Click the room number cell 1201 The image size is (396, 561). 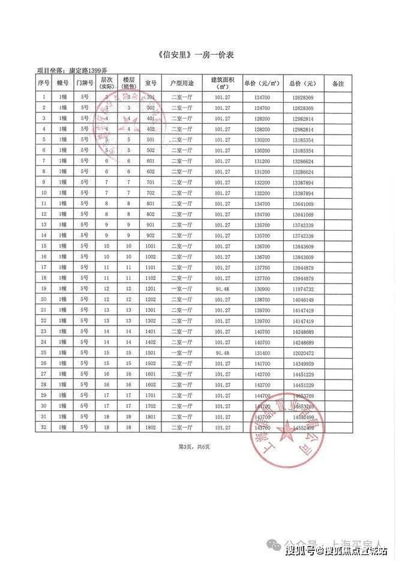tap(151, 288)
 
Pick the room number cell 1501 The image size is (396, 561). tap(151, 353)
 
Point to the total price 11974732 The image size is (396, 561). tap(303, 288)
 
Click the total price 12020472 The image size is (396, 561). tap(303, 353)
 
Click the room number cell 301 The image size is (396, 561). tap(151, 97)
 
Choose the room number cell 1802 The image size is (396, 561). tap(151, 427)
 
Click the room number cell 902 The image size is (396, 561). tap(151, 235)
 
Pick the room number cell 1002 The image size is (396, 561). tap(151, 256)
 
